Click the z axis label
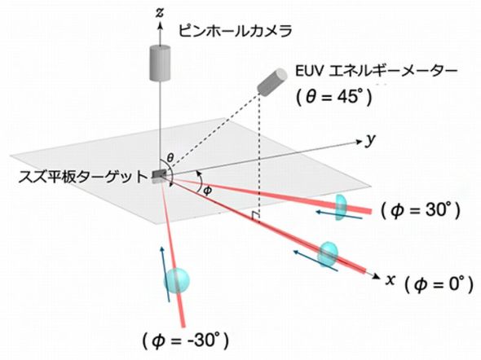point(160,14)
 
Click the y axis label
point(371,140)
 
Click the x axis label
point(390,280)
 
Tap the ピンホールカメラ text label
point(235,31)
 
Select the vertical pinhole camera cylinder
point(160,63)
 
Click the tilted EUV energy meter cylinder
point(271,81)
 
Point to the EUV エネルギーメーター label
point(376,72)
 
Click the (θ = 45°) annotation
point(334,98)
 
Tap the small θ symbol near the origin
point(170,158)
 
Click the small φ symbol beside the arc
point(208,191)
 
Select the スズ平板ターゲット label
point(83,177)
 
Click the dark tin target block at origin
point(159,175)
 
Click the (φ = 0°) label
point(439,284)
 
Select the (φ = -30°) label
point(186,340)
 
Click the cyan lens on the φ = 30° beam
point(341,208)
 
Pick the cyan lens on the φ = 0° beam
point(328,254)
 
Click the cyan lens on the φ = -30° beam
point(176,280)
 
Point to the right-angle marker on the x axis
point(255,217)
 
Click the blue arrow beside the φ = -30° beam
point(165,274)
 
